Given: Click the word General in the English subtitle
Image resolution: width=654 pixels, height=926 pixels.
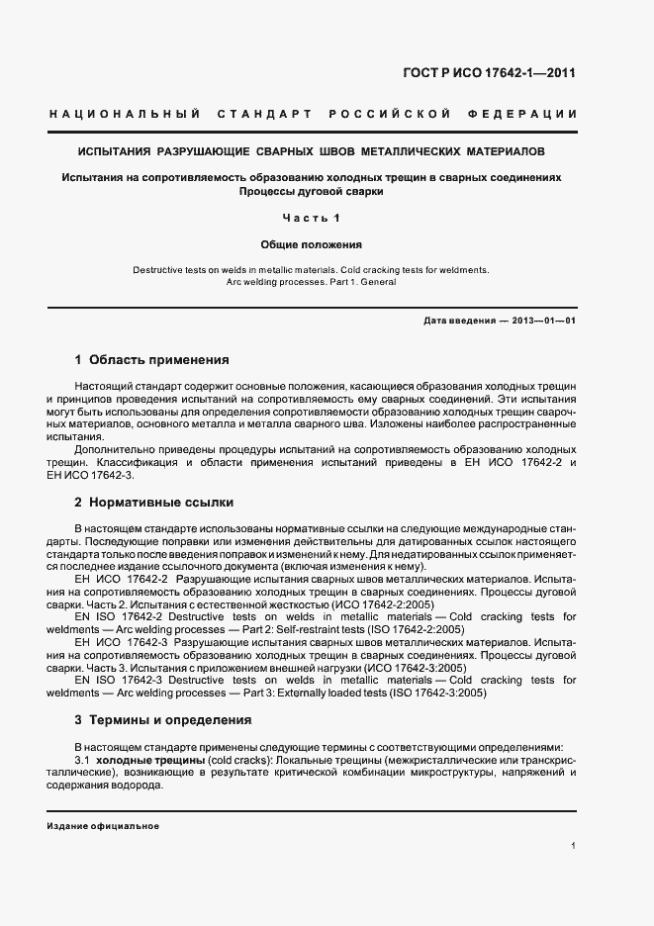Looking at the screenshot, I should pyautogui.click(x=377, y=282).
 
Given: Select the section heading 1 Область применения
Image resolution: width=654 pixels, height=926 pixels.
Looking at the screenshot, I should pyautogui.click(x=152, y=359).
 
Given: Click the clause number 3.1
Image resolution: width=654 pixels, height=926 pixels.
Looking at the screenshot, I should pyautogui.click(x=82, y=759).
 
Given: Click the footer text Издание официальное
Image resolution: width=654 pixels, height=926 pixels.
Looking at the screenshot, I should pyautogui.click(x=103, y=825).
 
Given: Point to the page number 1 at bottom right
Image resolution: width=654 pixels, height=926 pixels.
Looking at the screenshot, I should pyautogui.click(x=574, y=846).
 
